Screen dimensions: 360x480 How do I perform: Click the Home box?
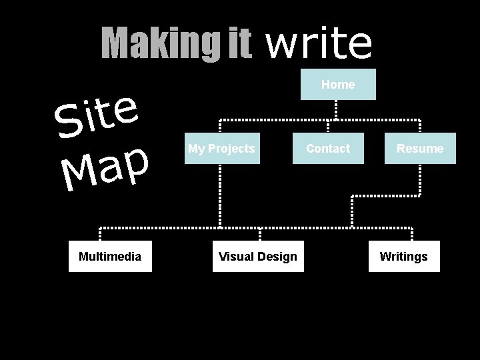tap(338, 85)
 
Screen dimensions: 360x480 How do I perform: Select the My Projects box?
tap(221, 149)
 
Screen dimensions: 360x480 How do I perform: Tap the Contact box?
tap(328, 149)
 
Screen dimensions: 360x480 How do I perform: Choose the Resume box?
tap(420, 149)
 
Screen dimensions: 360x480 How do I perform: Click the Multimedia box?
tap(110, 257)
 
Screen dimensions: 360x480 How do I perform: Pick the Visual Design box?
tap(258, 257)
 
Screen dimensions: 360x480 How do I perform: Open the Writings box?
tap(404, 257)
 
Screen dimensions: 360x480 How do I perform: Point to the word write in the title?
tap(319, 43)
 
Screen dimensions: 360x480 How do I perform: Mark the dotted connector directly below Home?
tap(336, 109)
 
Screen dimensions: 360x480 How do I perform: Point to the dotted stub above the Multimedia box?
tap(101, 234)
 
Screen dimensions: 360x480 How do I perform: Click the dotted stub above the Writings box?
tap(412, 234)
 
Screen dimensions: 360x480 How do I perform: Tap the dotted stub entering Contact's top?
tap(327, 127)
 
